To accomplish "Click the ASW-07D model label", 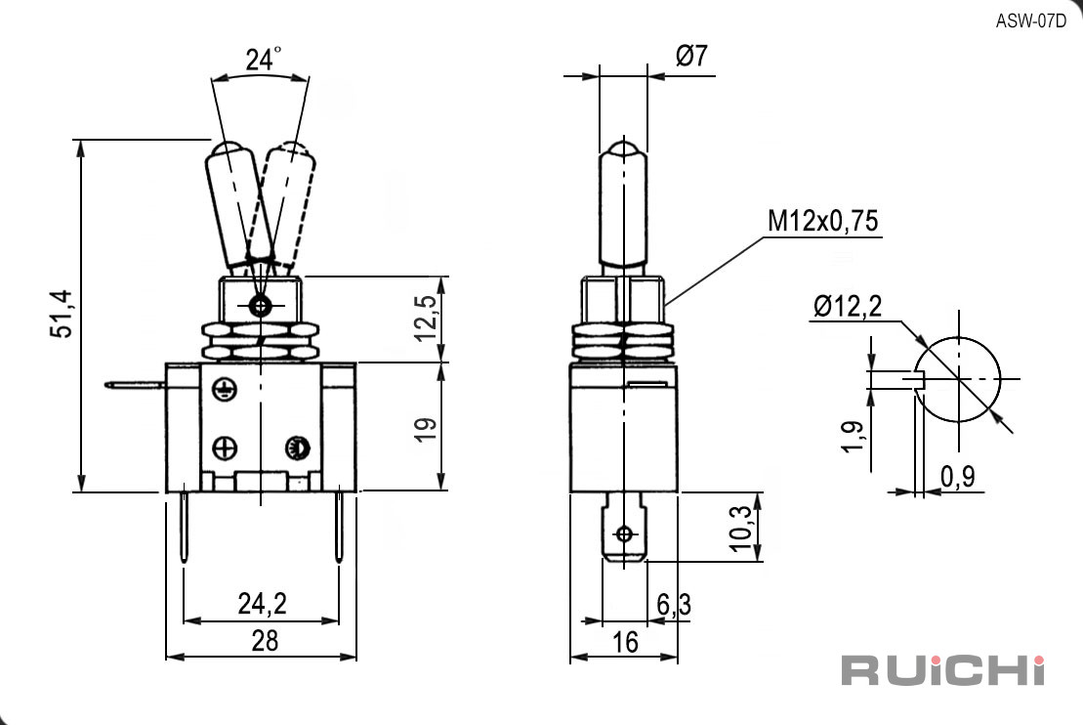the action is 1030,21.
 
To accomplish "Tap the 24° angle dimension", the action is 263,60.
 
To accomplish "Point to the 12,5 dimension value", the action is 426,318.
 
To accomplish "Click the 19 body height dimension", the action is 426,429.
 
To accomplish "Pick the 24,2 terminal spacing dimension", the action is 262,604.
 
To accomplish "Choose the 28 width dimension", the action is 265,641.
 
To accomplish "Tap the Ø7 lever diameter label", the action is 691,56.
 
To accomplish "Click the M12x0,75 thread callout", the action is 823,221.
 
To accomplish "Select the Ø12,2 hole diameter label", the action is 848,306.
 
